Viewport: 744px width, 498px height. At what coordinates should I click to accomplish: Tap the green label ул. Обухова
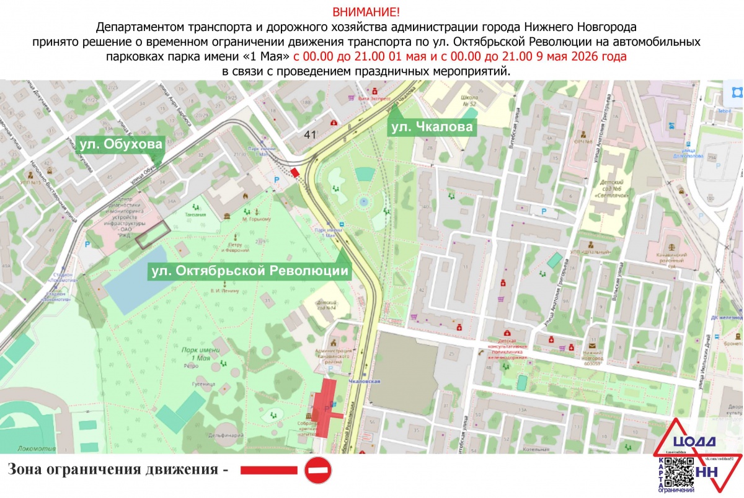pyautogui.click(x=122, y=145)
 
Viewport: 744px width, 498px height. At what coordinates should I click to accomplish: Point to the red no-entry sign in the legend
pyautogui.click(x=318, y=470)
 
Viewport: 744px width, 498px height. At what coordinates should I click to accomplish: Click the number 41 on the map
pyautogui.click(x=311, y=134)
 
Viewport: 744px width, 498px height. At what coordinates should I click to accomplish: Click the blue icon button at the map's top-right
pyautogui.click(x=737, y=93)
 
